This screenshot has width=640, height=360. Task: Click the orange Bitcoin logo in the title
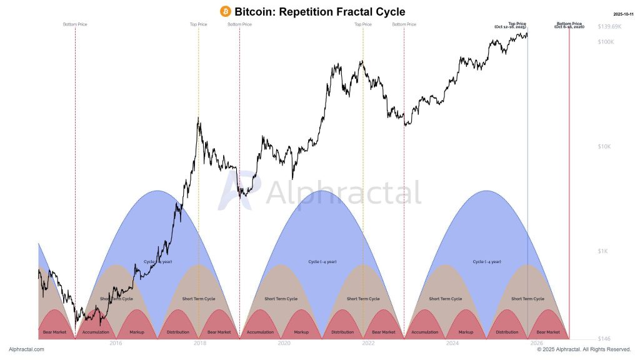226,11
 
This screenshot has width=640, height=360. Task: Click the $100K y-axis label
606,42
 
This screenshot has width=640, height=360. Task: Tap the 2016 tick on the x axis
116,343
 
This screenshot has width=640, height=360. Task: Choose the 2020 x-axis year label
284,343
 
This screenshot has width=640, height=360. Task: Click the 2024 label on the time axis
452,343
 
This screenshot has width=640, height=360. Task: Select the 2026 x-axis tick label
536,343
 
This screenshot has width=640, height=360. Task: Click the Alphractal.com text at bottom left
26,349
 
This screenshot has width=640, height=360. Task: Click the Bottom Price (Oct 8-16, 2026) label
569,26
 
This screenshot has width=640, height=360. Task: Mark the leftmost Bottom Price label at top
75,24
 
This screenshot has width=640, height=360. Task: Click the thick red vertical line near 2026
569,187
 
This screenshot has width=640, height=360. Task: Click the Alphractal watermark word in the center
343,193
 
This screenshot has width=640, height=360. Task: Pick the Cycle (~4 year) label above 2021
322,261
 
